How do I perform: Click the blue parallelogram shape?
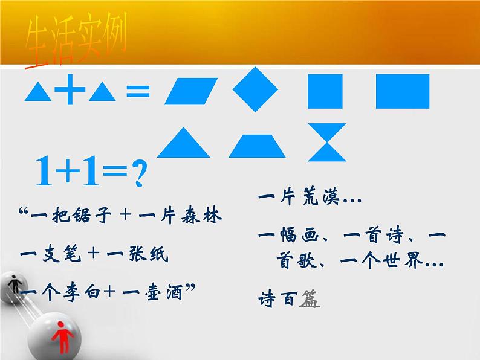(190, 92)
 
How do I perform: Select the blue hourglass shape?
(326, 143)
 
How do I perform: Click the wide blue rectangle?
(403, 91)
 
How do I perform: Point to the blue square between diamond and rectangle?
(325, 91)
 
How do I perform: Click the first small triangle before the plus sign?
(38, 92)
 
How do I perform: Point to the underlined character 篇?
(309, 298)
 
